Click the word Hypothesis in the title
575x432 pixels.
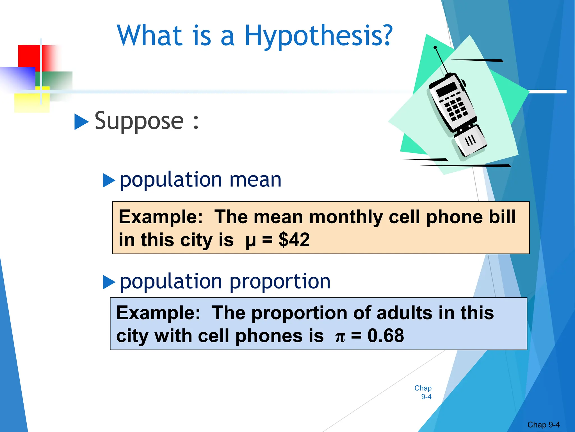318,36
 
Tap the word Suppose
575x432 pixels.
139,121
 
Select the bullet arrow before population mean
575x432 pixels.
109,180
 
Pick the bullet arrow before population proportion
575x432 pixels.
109,282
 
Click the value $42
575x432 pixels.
294,240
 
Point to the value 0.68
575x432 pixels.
385,336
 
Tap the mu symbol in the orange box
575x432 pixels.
250,241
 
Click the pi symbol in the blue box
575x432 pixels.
340,337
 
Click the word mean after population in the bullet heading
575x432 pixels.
255,180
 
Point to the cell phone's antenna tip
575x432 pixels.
435,47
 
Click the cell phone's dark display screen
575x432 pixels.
446,89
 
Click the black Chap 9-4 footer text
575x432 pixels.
543,424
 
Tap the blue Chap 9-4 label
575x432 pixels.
423,392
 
